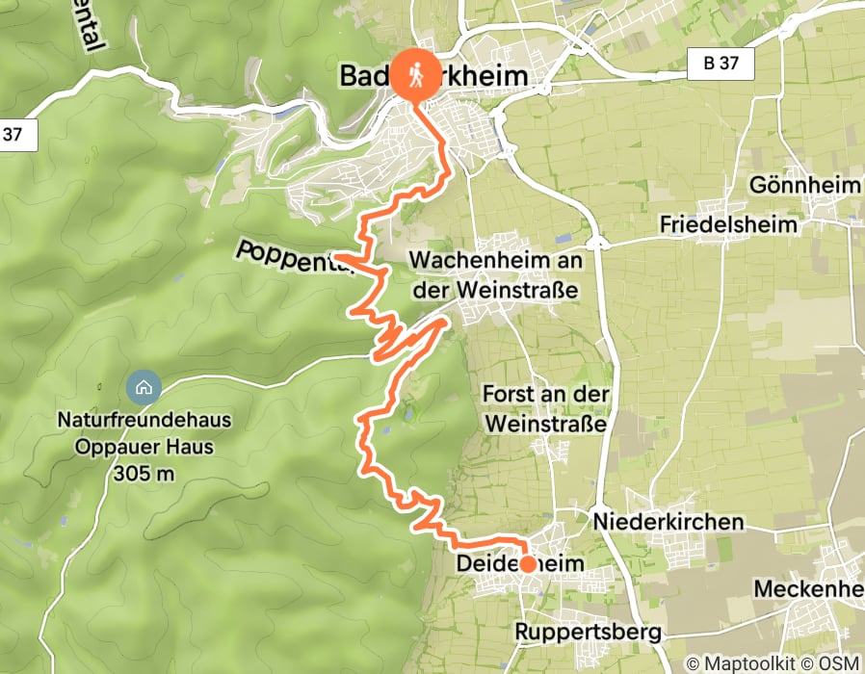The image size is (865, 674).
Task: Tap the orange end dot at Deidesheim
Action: pos(528,564)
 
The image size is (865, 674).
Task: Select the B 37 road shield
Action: pos(721,65)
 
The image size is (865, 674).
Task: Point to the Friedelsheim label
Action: pos(728,224)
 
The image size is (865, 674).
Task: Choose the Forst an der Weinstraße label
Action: pos(546,409)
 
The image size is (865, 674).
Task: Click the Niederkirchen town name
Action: pos(669,521)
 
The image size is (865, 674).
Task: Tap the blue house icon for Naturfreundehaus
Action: pos(144,388)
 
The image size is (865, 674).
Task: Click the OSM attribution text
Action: pos(837,663)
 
